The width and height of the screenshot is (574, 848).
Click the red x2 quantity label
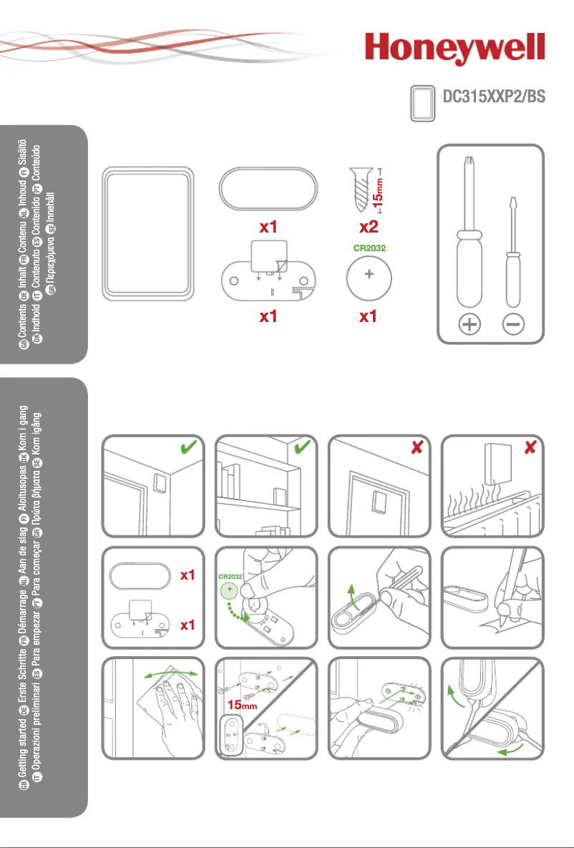click(x=368, y=228)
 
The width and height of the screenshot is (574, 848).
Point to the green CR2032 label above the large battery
click(x=368, y=248)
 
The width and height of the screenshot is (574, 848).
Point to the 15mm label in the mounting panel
click(x=243, y=705)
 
